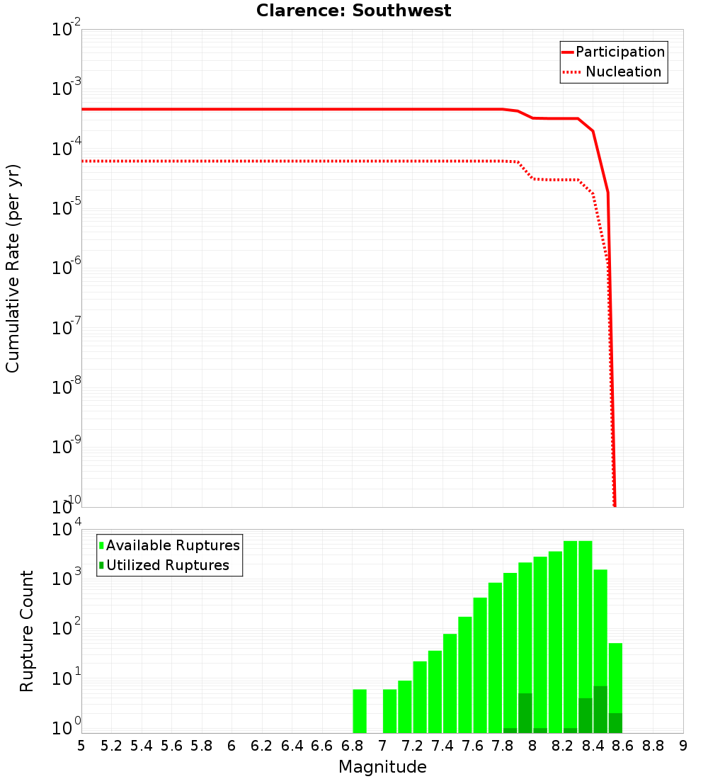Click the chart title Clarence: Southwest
(353, 11)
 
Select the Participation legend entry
(620, 52)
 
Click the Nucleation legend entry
(623, 72)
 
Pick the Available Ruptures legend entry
(173, 545)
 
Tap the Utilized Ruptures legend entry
(167, 565)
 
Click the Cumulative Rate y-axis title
(13, 268)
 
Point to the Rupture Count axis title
(27, 631)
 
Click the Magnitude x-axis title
(382, 767)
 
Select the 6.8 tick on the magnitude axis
(352, 746)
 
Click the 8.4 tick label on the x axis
(593, 746)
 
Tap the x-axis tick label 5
(81, 746)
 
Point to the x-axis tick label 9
(683, 746)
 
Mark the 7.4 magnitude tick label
(442, 746)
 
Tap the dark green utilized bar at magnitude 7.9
(525, 713)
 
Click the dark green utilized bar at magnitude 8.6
(615, 723)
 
